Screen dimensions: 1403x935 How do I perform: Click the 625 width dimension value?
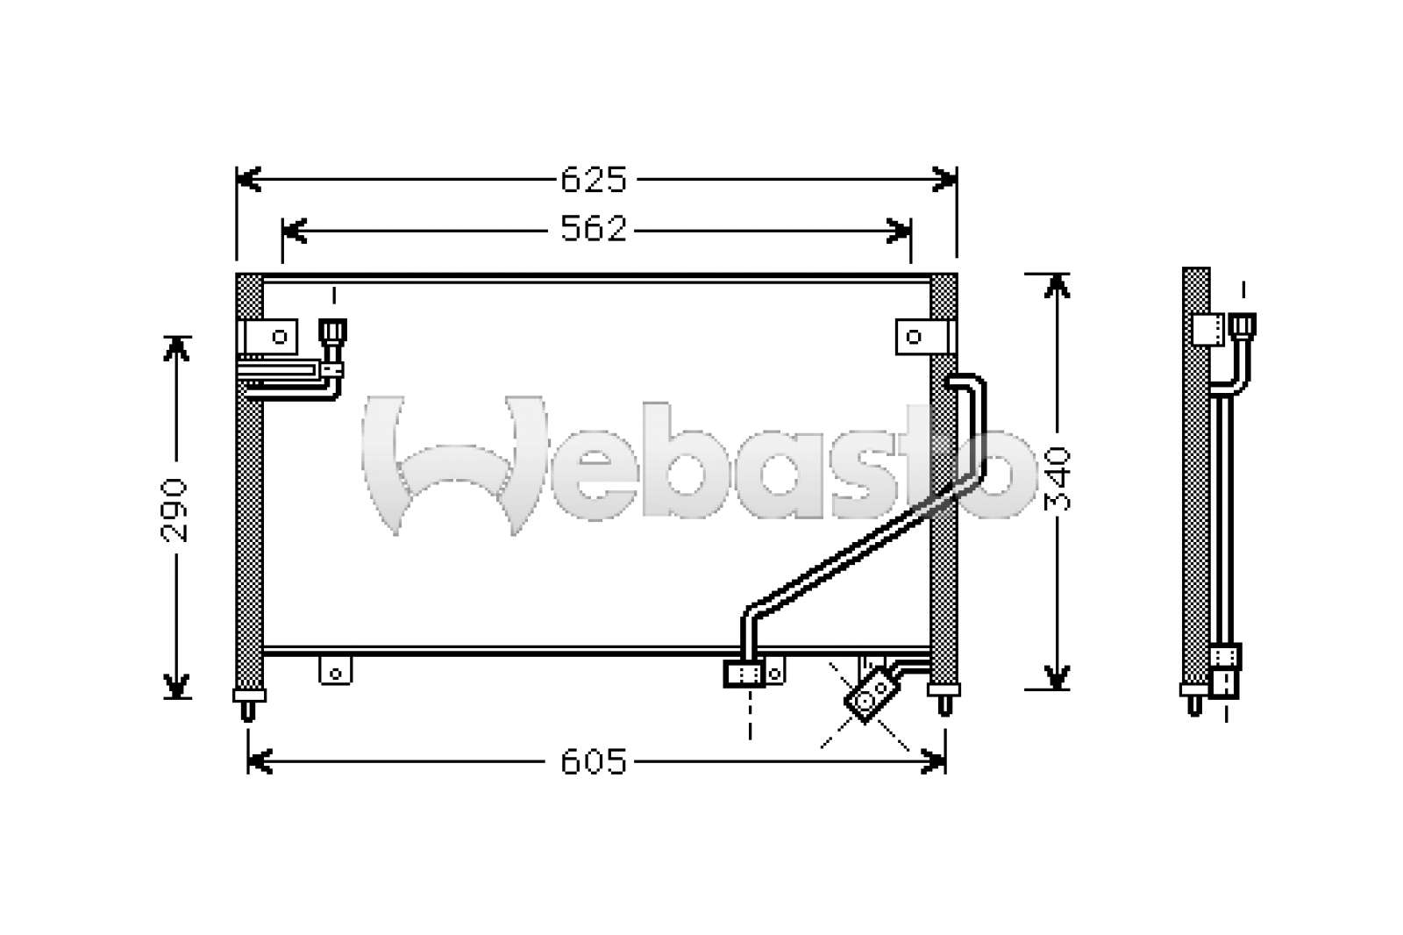[x=593, y=179]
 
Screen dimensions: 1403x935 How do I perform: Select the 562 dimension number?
[x=593, y=229]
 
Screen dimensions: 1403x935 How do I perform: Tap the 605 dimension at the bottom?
[x=593, y=762]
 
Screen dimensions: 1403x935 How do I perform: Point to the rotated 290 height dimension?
[x=174, y=510]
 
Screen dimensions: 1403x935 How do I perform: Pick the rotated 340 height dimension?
[x=1058, y=479]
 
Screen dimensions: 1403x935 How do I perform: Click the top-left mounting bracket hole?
[x=280, y=337]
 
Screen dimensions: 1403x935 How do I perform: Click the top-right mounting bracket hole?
[x=913, y=337]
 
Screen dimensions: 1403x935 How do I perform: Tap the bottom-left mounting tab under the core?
[x=335, y=670]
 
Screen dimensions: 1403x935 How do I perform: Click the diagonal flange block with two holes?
[x=872, y=695]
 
